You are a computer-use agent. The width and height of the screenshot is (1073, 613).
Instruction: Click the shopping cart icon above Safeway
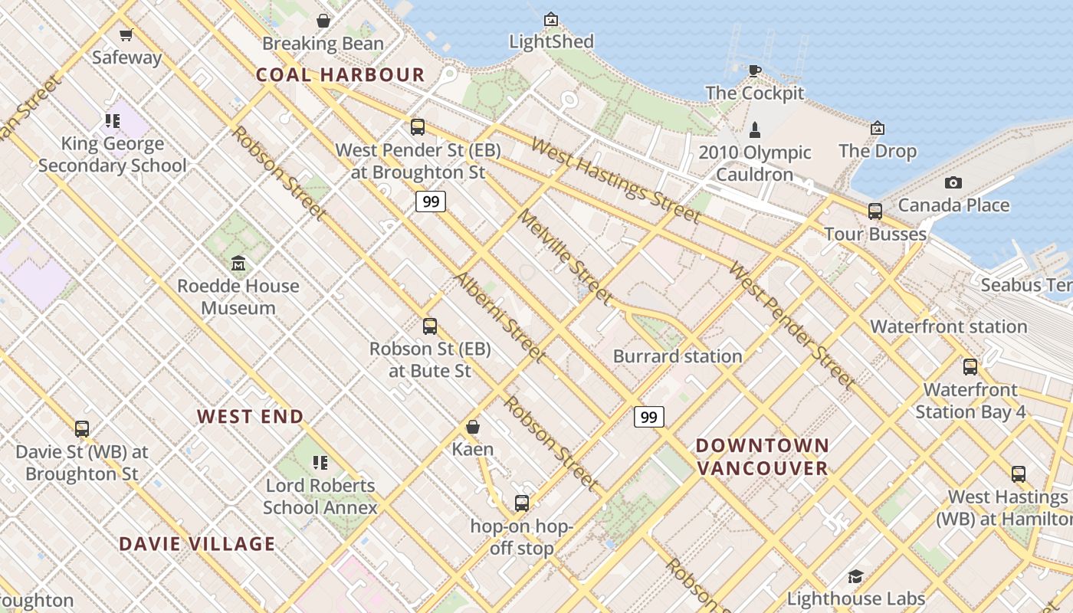click(x=126, y=34)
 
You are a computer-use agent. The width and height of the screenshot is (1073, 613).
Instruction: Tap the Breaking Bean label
click(x=323, y=44)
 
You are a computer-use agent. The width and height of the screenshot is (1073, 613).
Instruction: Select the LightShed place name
click(x=551, y=41)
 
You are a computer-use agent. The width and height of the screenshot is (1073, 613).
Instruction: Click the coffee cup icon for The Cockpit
click(x=755, y=70)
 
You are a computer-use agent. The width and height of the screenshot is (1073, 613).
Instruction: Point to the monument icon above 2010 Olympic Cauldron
click(x=755, y=129)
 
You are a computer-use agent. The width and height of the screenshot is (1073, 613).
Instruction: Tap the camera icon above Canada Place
click(x=953, y=182)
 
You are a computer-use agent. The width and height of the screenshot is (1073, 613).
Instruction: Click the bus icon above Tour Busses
click(x=874, y=211)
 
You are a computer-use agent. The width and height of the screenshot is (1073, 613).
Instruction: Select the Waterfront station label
click(x=948, y=326)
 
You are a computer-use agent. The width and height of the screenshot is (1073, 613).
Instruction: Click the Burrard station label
click(x=678, y=356)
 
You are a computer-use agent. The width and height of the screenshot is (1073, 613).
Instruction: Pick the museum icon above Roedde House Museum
click(x=238, y=264)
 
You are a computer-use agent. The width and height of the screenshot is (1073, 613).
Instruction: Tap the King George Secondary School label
click(x=113, y=155)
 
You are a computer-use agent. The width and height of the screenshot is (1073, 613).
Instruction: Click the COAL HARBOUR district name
click(x=340, y=74)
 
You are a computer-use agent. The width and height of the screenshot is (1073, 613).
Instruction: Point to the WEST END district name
click(x=251, y=416)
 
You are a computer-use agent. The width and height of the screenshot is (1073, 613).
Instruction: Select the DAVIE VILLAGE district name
click(x=197, y=544)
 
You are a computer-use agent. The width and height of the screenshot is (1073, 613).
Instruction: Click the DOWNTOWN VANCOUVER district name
click(x=763, y=457)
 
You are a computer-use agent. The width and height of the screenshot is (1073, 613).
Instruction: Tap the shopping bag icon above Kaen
click(x=473, y=427)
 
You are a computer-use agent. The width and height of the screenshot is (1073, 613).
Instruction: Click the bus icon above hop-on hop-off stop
click(x=522, y=503)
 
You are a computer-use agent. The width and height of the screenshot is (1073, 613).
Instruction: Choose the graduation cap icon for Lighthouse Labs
click(x=855, y=576)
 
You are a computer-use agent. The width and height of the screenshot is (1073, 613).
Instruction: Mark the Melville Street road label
click(x=566, y=257)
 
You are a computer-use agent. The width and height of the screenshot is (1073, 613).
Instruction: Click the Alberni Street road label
click(x=500, y=316)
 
